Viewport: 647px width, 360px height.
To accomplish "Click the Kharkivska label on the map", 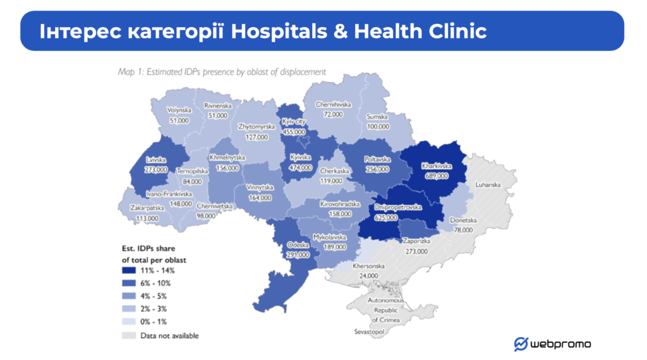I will coord(435,166).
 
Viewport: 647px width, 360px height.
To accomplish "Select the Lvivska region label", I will coord(155,160).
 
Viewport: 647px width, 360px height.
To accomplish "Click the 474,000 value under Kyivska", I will coord(300,168).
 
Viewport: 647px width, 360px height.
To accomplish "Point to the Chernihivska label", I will coord(333,105).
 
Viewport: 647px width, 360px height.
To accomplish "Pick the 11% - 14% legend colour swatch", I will coord(128,270).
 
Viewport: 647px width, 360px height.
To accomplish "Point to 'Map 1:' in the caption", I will coord(132,72).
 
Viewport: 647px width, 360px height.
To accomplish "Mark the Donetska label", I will coord(464,220).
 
